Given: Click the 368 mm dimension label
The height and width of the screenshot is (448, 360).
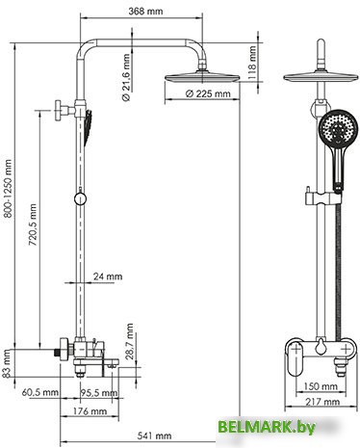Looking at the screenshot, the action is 145,12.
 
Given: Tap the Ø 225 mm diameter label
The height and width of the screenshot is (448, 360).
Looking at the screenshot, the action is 208,93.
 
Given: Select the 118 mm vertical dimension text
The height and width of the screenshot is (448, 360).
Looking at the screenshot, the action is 252,63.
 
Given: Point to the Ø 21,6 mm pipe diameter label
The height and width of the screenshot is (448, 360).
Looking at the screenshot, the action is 126,77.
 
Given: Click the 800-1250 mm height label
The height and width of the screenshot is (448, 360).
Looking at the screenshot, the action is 8,189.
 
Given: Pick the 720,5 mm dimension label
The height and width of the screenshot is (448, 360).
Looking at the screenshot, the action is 33,224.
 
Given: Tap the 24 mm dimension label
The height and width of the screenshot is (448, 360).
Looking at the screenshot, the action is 108,277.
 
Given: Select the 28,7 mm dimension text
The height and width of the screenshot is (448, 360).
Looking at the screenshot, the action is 129,342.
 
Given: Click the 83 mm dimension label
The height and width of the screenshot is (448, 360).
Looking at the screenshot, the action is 7,364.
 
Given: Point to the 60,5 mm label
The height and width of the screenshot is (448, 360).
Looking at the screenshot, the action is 40,392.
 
